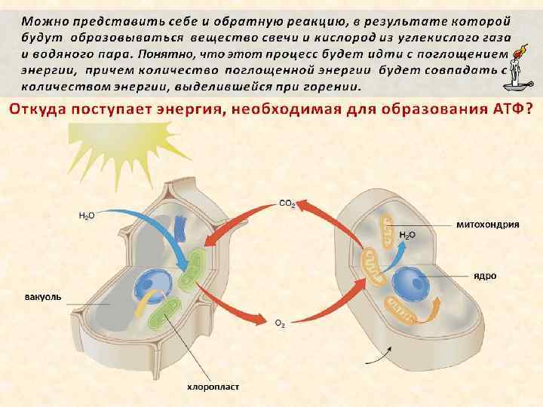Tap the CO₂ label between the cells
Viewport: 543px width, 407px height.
[x=287, y=203]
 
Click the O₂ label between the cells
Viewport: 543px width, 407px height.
[x=279, y=324]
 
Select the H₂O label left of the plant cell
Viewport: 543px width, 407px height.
[x=87, y=216]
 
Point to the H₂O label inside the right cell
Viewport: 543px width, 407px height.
[x=406, y=235]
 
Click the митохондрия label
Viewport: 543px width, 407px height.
[x=487, y=225]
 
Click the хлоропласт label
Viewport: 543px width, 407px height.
[x=213, y=387]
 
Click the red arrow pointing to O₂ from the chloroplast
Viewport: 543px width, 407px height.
[x=234, y=301]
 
